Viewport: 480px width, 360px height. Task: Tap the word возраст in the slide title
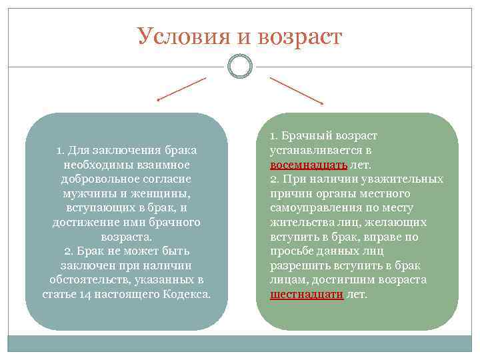tap(297, 37)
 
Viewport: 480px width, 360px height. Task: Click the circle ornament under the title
tap(239, 66)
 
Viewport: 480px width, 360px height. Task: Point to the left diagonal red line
tap(181, 89)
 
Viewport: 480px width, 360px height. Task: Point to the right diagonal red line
tap(296, 90)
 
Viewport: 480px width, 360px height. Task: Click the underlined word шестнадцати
tap(307, 294)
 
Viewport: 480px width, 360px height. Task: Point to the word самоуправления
tap(312, 207)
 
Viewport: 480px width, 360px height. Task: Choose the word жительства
tap(300, 222)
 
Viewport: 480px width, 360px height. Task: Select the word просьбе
tap(292, 251)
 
